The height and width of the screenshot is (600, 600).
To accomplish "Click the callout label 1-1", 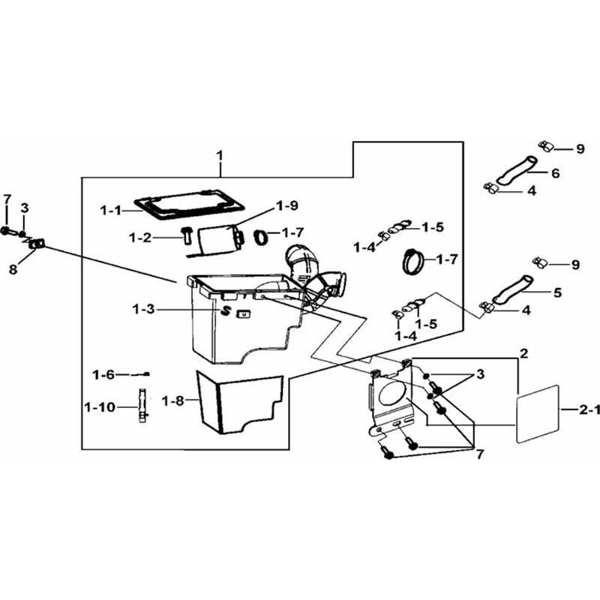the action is click(110, 211).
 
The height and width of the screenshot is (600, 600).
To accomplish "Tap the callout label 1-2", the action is click(140, 238).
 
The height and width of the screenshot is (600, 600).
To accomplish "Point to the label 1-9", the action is click(287, 205).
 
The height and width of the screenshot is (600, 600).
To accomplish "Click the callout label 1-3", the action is click(144, 309).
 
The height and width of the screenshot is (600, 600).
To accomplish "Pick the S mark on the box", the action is click(226, 311).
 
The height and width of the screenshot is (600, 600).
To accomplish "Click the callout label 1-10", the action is click(100, 407).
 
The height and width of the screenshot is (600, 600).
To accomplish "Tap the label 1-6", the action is click(103, 375).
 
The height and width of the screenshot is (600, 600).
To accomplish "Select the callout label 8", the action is click(13, 269).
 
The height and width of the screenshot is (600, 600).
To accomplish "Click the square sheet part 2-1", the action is click(538, 415).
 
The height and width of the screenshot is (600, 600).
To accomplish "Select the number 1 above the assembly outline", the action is click(220, 156).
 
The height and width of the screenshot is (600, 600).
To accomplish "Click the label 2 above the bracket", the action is click(523, 353).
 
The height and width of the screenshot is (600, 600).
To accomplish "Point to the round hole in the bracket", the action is click(391, 393).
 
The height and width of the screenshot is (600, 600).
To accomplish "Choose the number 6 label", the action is click(556, 173).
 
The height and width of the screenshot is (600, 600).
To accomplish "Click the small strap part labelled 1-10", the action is click(142, 405).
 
